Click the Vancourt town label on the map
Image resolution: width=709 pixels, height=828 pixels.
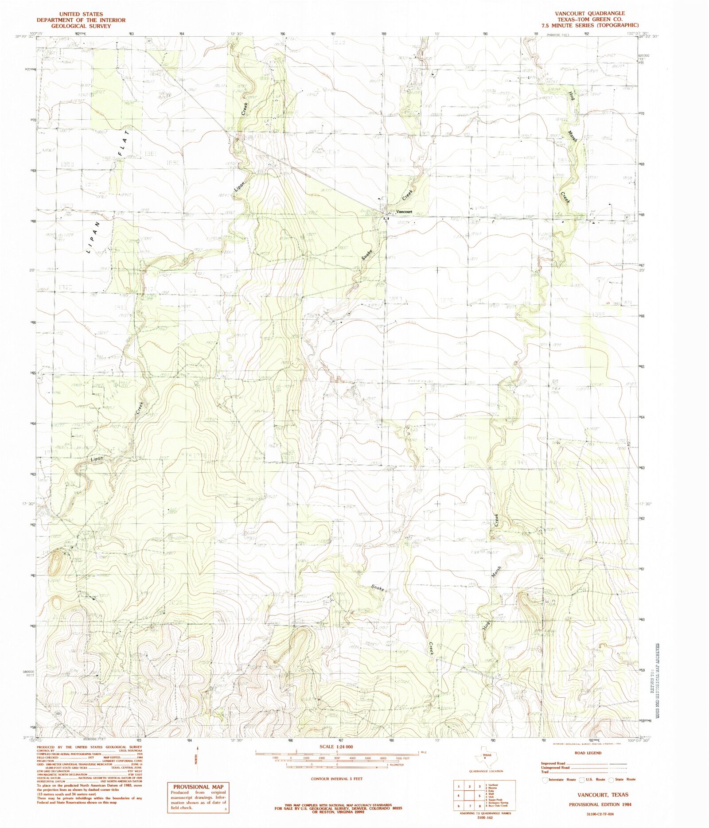tap(404, 212)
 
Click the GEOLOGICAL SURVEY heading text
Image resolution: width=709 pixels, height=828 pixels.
tap(81, 26)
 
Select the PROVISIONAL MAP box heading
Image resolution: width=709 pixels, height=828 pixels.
tap(198, 787)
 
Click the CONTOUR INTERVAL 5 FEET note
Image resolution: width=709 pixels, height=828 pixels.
tap(336, 778)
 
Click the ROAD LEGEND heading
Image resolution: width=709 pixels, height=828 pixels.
tap(588, 753)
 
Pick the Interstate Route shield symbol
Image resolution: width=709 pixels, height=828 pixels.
tap(545, 779)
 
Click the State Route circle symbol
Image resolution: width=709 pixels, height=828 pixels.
tap(612, 779)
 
